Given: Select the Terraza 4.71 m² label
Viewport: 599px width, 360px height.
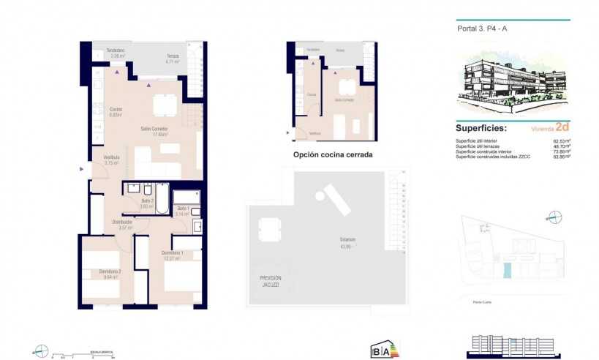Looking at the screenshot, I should (x=173, y=59).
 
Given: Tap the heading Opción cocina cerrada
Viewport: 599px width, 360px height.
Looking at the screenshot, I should (x=333, y=155).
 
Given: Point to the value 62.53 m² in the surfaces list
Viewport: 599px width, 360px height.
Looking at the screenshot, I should (x=561, y=141).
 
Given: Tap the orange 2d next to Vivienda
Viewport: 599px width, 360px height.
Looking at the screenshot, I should (x=561, y=126).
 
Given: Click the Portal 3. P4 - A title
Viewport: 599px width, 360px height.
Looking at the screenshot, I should (x=480, y=29).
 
